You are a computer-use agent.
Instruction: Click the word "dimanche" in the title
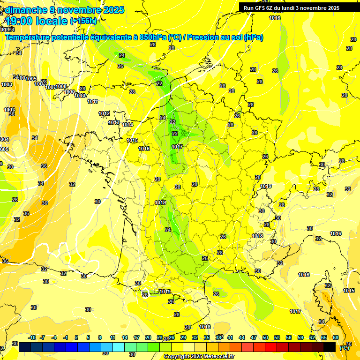(x=26, y=10)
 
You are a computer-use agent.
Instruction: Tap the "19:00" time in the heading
(x=19, y=21)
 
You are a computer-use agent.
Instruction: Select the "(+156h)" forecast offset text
(x=83, y=21)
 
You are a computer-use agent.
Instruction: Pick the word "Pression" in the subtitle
(x=203, y=37)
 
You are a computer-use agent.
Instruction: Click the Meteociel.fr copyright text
(x=199, y=357)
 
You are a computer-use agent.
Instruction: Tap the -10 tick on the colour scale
(x=32, y=337)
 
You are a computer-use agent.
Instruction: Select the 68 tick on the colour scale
(x=336, y=337)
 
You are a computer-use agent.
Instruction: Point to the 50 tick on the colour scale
(x=265, y=337)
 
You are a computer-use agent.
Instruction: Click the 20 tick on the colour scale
(x=148, y=337)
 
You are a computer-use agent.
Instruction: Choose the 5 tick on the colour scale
(x=89, y=337)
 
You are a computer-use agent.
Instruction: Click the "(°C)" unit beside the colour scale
(x=345, y=348)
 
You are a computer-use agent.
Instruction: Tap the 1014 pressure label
(x=127, y=125)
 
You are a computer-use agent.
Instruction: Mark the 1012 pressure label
(x=104, y=114)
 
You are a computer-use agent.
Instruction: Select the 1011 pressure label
(x=92, y=102)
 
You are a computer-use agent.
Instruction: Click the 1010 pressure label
(x=80, y=96)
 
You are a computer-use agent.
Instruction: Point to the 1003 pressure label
(x=9, y=110)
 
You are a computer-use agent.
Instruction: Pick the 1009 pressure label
(x=69, y=92)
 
